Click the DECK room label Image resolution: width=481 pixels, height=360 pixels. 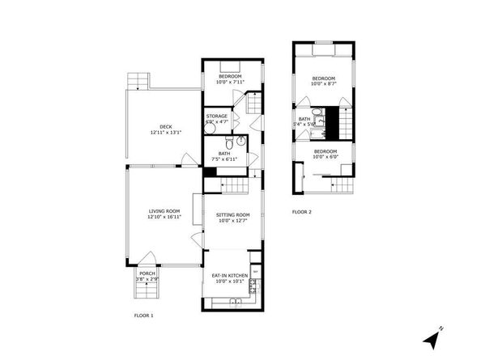pos(165,125)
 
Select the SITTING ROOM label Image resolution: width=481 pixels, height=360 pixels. pos(233,214)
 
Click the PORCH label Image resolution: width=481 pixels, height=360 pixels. pos(147,273)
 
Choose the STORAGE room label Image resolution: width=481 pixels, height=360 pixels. pos(217,116)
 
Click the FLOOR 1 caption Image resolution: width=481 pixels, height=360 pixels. pos(143,315)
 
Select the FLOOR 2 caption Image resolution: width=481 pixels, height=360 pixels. pos(301,212)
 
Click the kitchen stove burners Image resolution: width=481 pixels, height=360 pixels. pos(252,285)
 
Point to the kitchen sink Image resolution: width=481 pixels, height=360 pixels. pos(233,303)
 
